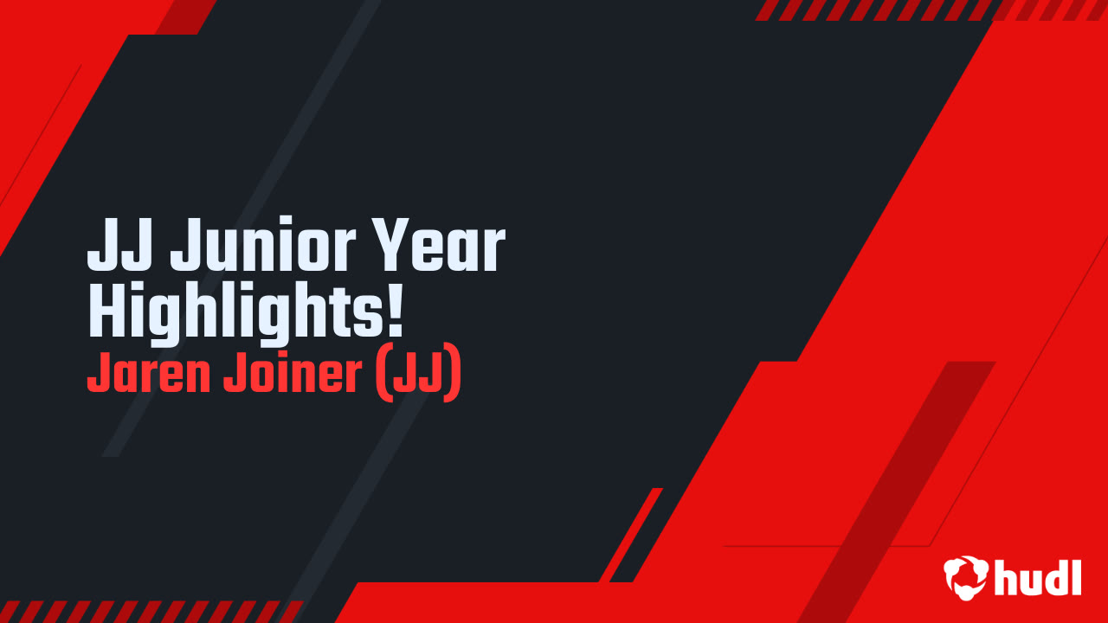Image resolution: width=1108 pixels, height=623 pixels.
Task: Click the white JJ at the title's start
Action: point(121,248)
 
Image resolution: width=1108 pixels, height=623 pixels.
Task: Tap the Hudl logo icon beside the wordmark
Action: point(966,577)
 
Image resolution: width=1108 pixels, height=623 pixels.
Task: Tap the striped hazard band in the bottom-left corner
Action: point(147,611)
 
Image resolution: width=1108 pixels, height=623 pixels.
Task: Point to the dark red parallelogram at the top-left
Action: point(186,16)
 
